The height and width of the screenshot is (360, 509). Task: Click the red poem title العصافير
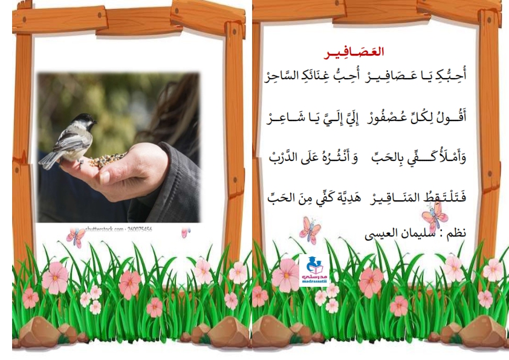point(354,53)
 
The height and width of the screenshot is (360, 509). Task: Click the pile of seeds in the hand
point(108,159)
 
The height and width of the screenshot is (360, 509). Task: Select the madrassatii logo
point(314,270)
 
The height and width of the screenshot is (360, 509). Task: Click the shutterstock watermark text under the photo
point(118,229)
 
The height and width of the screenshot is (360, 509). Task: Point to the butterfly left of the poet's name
point(310,230)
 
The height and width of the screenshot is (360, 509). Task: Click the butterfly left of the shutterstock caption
point(76,238)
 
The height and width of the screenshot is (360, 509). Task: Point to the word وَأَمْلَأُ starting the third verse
point(455,157)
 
